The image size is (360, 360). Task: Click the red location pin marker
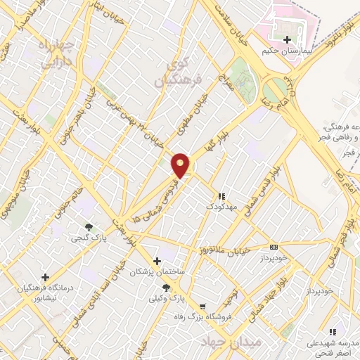pyautogui.click(x=181, y=165)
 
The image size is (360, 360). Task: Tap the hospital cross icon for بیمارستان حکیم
pyautogui.click(x=287, y=39)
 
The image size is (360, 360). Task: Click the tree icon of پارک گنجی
pyautogui.click(x=89, y=226)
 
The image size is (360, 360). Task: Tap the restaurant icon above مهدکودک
pyautogui.click(x=221, y=196)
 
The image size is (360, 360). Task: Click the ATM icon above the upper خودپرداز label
pyautogui.click(x=274, y=247)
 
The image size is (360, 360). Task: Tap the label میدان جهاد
pyautogui.click(x=230, y=342)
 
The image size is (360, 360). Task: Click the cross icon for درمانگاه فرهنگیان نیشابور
pyautogui.click(x=46, y=277)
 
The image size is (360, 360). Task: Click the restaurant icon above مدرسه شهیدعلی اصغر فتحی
pyautogui.click(x=333, y=331)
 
